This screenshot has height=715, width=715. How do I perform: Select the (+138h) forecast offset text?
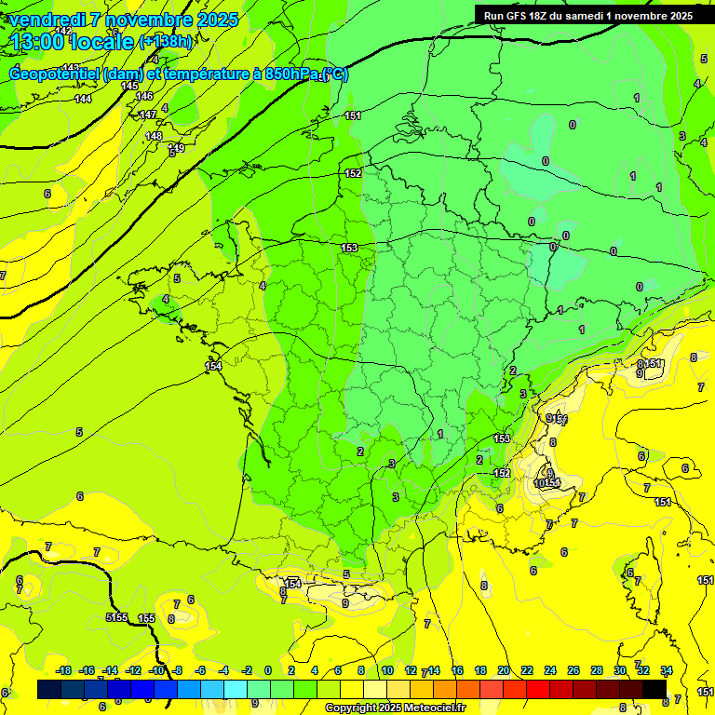(166, 42)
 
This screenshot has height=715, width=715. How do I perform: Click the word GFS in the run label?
(519, 16)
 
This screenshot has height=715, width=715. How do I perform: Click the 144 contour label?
(83, 99)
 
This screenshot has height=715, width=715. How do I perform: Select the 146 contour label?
(144, 96)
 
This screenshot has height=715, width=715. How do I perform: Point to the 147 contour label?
(148, 115)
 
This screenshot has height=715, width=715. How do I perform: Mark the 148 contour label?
(154, 136)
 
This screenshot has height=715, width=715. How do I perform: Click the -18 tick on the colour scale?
(63, 670)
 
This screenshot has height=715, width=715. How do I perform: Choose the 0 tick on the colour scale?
(268, 670)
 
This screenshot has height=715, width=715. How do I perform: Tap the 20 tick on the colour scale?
(503, 670)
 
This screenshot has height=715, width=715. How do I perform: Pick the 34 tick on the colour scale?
(666, 670)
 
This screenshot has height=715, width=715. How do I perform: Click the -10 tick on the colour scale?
(157, 670)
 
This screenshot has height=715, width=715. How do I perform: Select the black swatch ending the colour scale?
(654, 689)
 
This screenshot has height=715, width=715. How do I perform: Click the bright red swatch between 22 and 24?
(538, 689)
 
